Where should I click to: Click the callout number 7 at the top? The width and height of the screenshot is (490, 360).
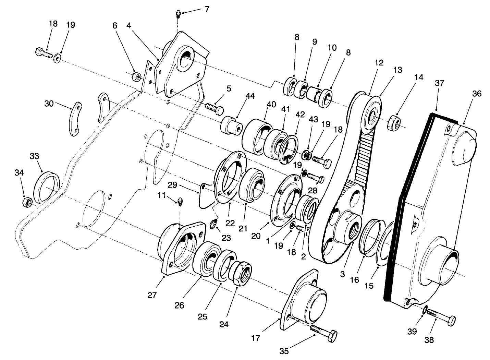click(x=207, y=9)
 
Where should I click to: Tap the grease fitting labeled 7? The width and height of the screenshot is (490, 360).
click(x=178, y=14)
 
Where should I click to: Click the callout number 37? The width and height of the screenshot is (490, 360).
click(x=439, y=83)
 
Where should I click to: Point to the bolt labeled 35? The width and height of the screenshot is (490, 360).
click(x=324, y=332)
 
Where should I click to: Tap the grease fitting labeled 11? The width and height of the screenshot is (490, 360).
click(x=180, y=201)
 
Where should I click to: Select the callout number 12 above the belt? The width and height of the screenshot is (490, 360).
click(x=369, y=63)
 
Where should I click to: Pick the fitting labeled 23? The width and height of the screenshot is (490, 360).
click(x=213, y=225)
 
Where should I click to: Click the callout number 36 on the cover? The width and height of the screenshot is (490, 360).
click(x=477, y=93)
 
